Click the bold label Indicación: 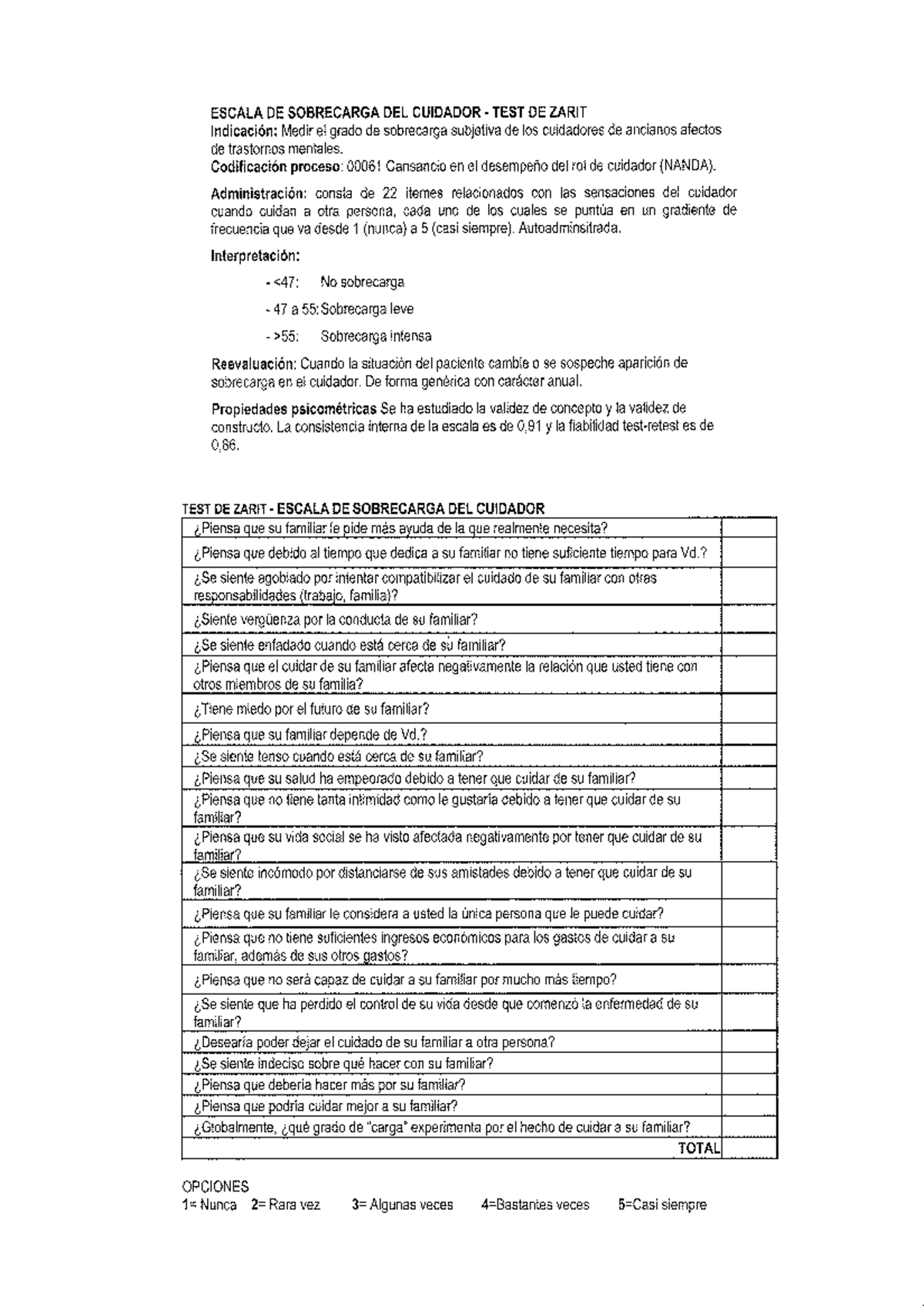pos(244,130)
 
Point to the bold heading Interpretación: pos(255,256)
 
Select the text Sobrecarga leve pos(367,310)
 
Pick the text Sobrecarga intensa pos(376,337)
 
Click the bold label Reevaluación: pos(253,363)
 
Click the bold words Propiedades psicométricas pos(294,408)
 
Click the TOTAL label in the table pos(698,1148)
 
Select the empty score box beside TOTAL pos(749,1148)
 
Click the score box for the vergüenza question pos(749,619)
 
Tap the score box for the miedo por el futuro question pos(749,709)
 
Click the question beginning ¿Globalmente pos(442,1128)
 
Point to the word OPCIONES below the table pos(215,1187)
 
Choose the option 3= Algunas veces pos(402,1205)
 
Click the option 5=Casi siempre pos(661,1205)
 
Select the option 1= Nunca pos(209,1205)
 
